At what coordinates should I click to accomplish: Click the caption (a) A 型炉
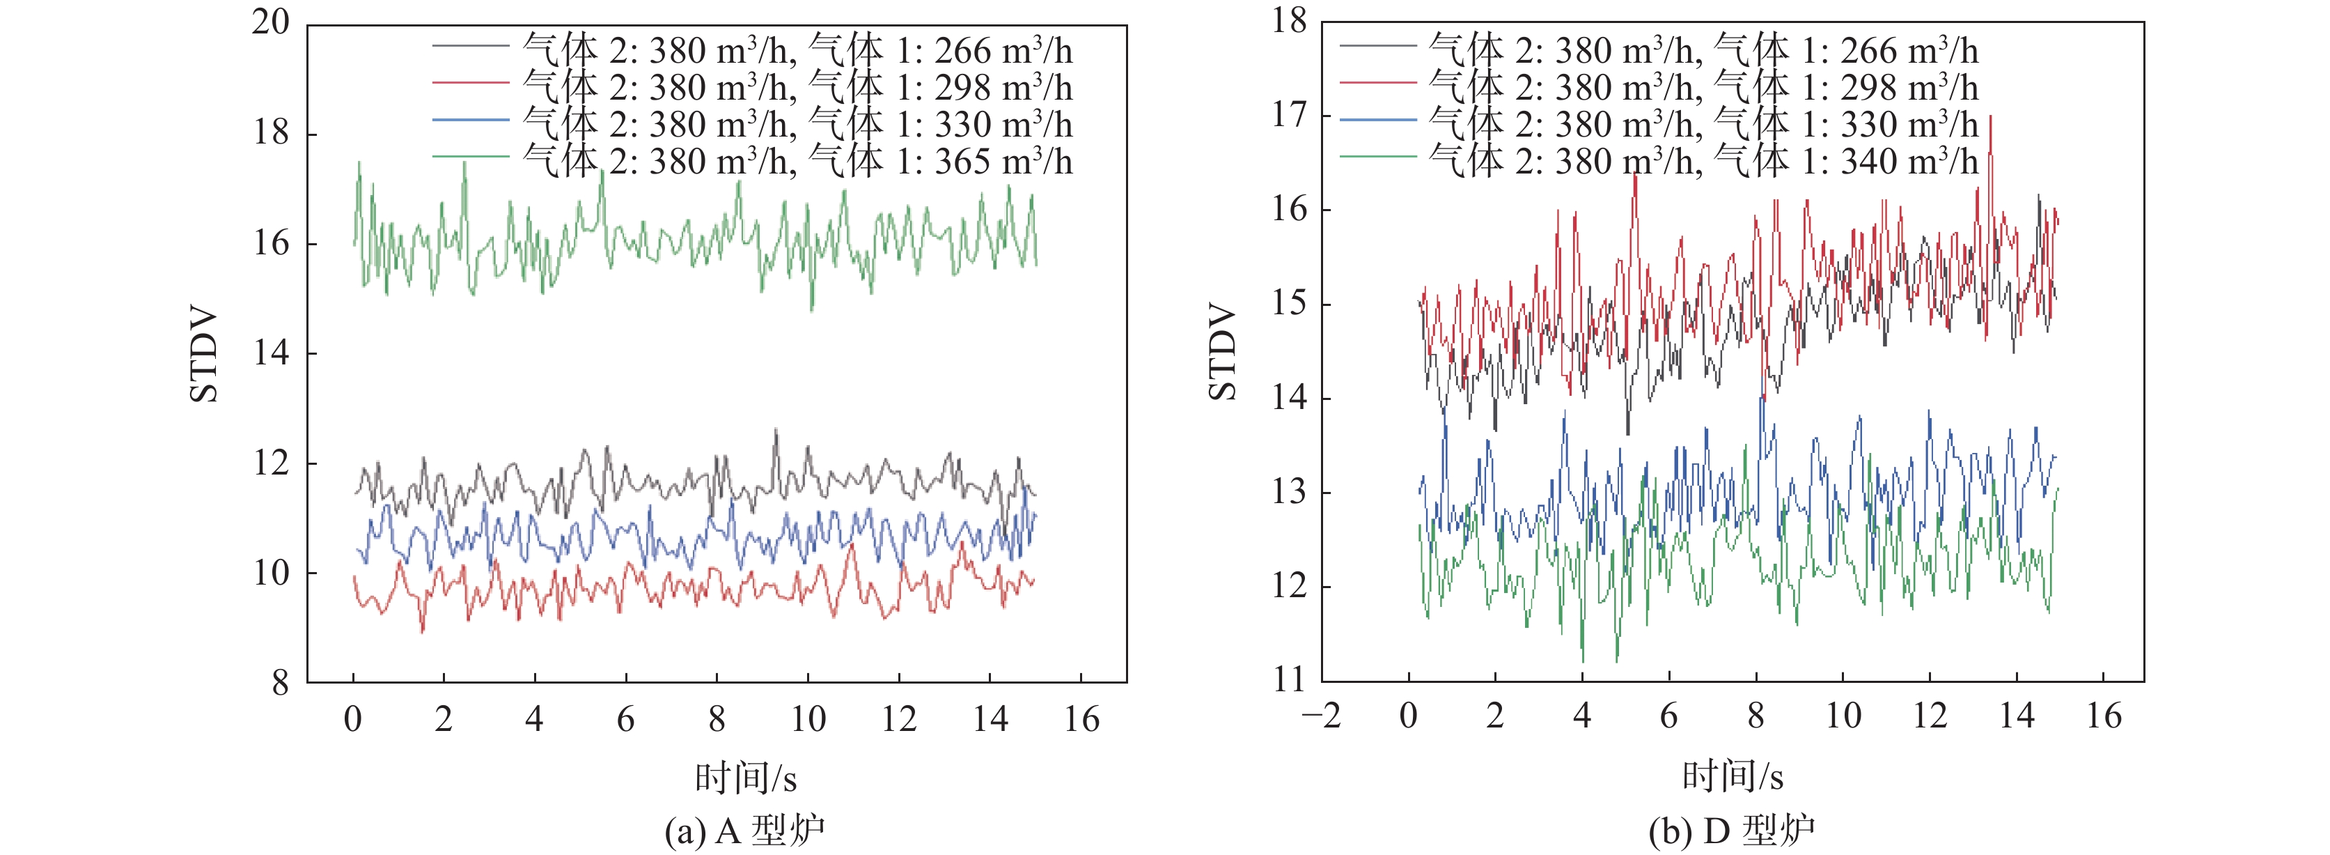[x=744, y=831]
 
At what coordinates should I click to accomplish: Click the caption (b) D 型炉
[x=1731, y=831]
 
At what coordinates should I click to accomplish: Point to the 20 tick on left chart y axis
[x=270, y=22]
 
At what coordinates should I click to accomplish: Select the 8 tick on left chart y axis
[x=281, y=683]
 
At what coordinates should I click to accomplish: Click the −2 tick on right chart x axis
[x=1320, y=716]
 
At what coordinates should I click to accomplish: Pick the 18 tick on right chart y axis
[x=1289, y=21]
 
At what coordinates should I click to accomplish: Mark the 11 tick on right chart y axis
[x=1289, y=680]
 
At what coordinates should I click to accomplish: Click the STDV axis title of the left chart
[x=205, y=354]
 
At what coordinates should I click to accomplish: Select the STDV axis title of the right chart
[x=1223, y=352]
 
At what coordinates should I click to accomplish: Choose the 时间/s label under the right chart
[x=1732, y=776]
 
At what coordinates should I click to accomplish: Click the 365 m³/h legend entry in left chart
[x=797, y=161]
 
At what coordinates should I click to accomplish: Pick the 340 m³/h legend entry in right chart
[x=1703, y=161]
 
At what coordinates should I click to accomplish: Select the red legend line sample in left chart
[x=470, y=83]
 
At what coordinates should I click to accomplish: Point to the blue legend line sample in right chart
[x=1377, y=119]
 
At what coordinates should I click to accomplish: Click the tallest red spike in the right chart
[x=1990, y=118]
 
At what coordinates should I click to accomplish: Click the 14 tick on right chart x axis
[x=2016, y=716]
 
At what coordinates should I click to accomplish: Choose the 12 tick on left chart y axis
[x=270, y=463]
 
